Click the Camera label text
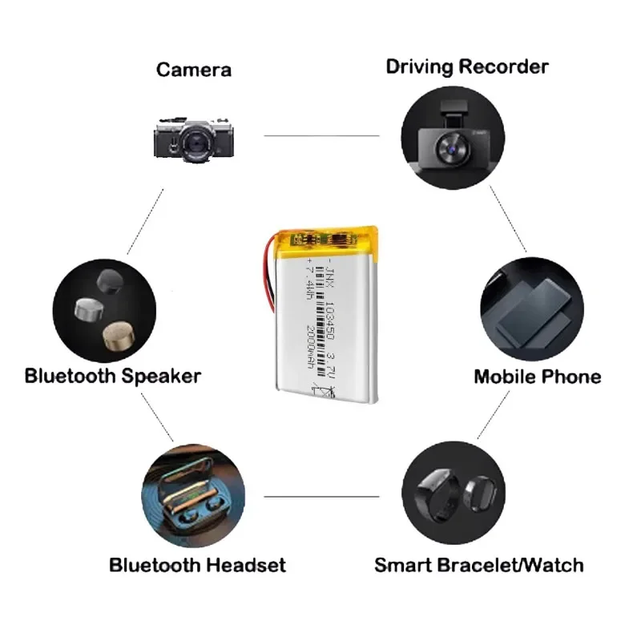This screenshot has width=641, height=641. pyautogui.click(x=194, y=70)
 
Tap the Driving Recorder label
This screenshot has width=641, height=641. pyautogui.click(x=467, y=66)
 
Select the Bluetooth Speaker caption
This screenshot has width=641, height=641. pyautogui.click(x=113, y=375)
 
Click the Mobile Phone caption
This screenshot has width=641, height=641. pyautogui.click(x=537, y=376)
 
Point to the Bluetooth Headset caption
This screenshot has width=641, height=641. pyautogui.click(x=197, y=565)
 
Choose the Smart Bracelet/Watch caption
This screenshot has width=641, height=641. pyautogui.click(x=478, y=565)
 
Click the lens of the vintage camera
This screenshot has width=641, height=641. pyautogui.click(x=195, y=143)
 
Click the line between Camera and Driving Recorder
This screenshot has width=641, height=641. pyautogui.click(x=321, y=135)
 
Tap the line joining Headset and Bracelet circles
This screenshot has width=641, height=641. pyautogui.click(x=321, y=496)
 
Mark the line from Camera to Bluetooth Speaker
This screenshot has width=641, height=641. pyautogui.click(x=145, y=221)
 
